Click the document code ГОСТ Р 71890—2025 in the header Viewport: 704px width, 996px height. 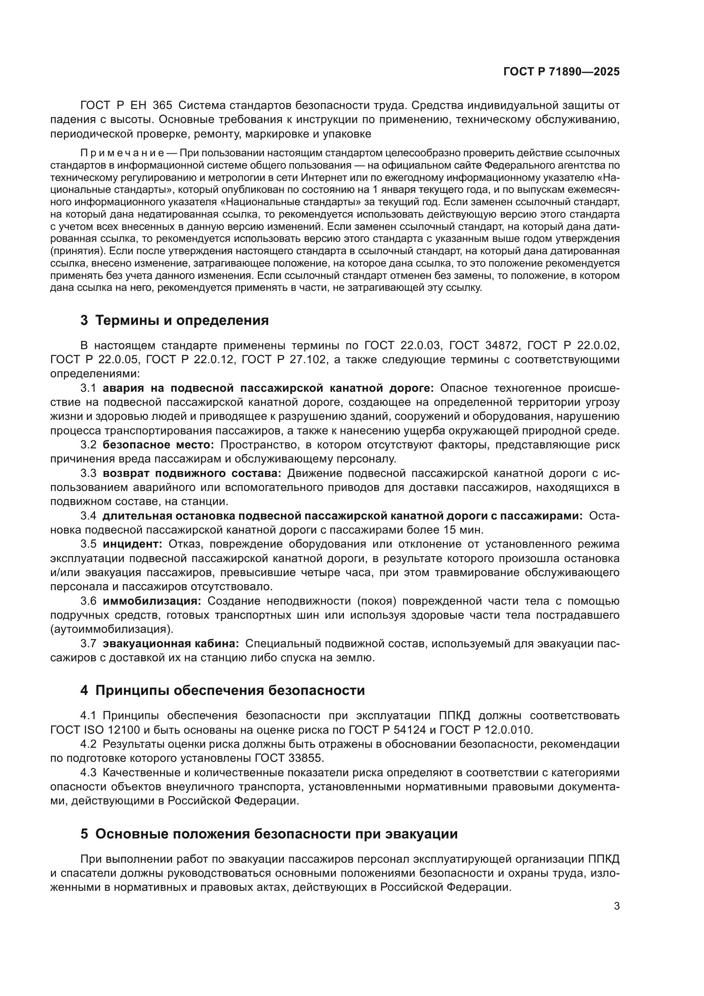pyautogui.click(x=561, y=72)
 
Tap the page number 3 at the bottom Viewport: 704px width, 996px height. pyautogui.click(x=616, y=907)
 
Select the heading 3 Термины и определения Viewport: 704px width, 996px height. pyautogui.click(x=174, y=321)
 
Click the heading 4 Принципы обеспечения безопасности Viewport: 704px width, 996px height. pyautogui.click(x=222, y=691)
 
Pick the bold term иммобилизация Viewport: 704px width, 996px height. pyautogui.click(x=152, y=601)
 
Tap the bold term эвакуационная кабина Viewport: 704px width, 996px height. pyautogui.click(x=170, y=644)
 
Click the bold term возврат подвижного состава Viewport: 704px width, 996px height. pyautogui.click(x=192, y=473)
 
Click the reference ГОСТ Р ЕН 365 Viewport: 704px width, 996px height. pyautogui.click(x=126, y=106)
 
